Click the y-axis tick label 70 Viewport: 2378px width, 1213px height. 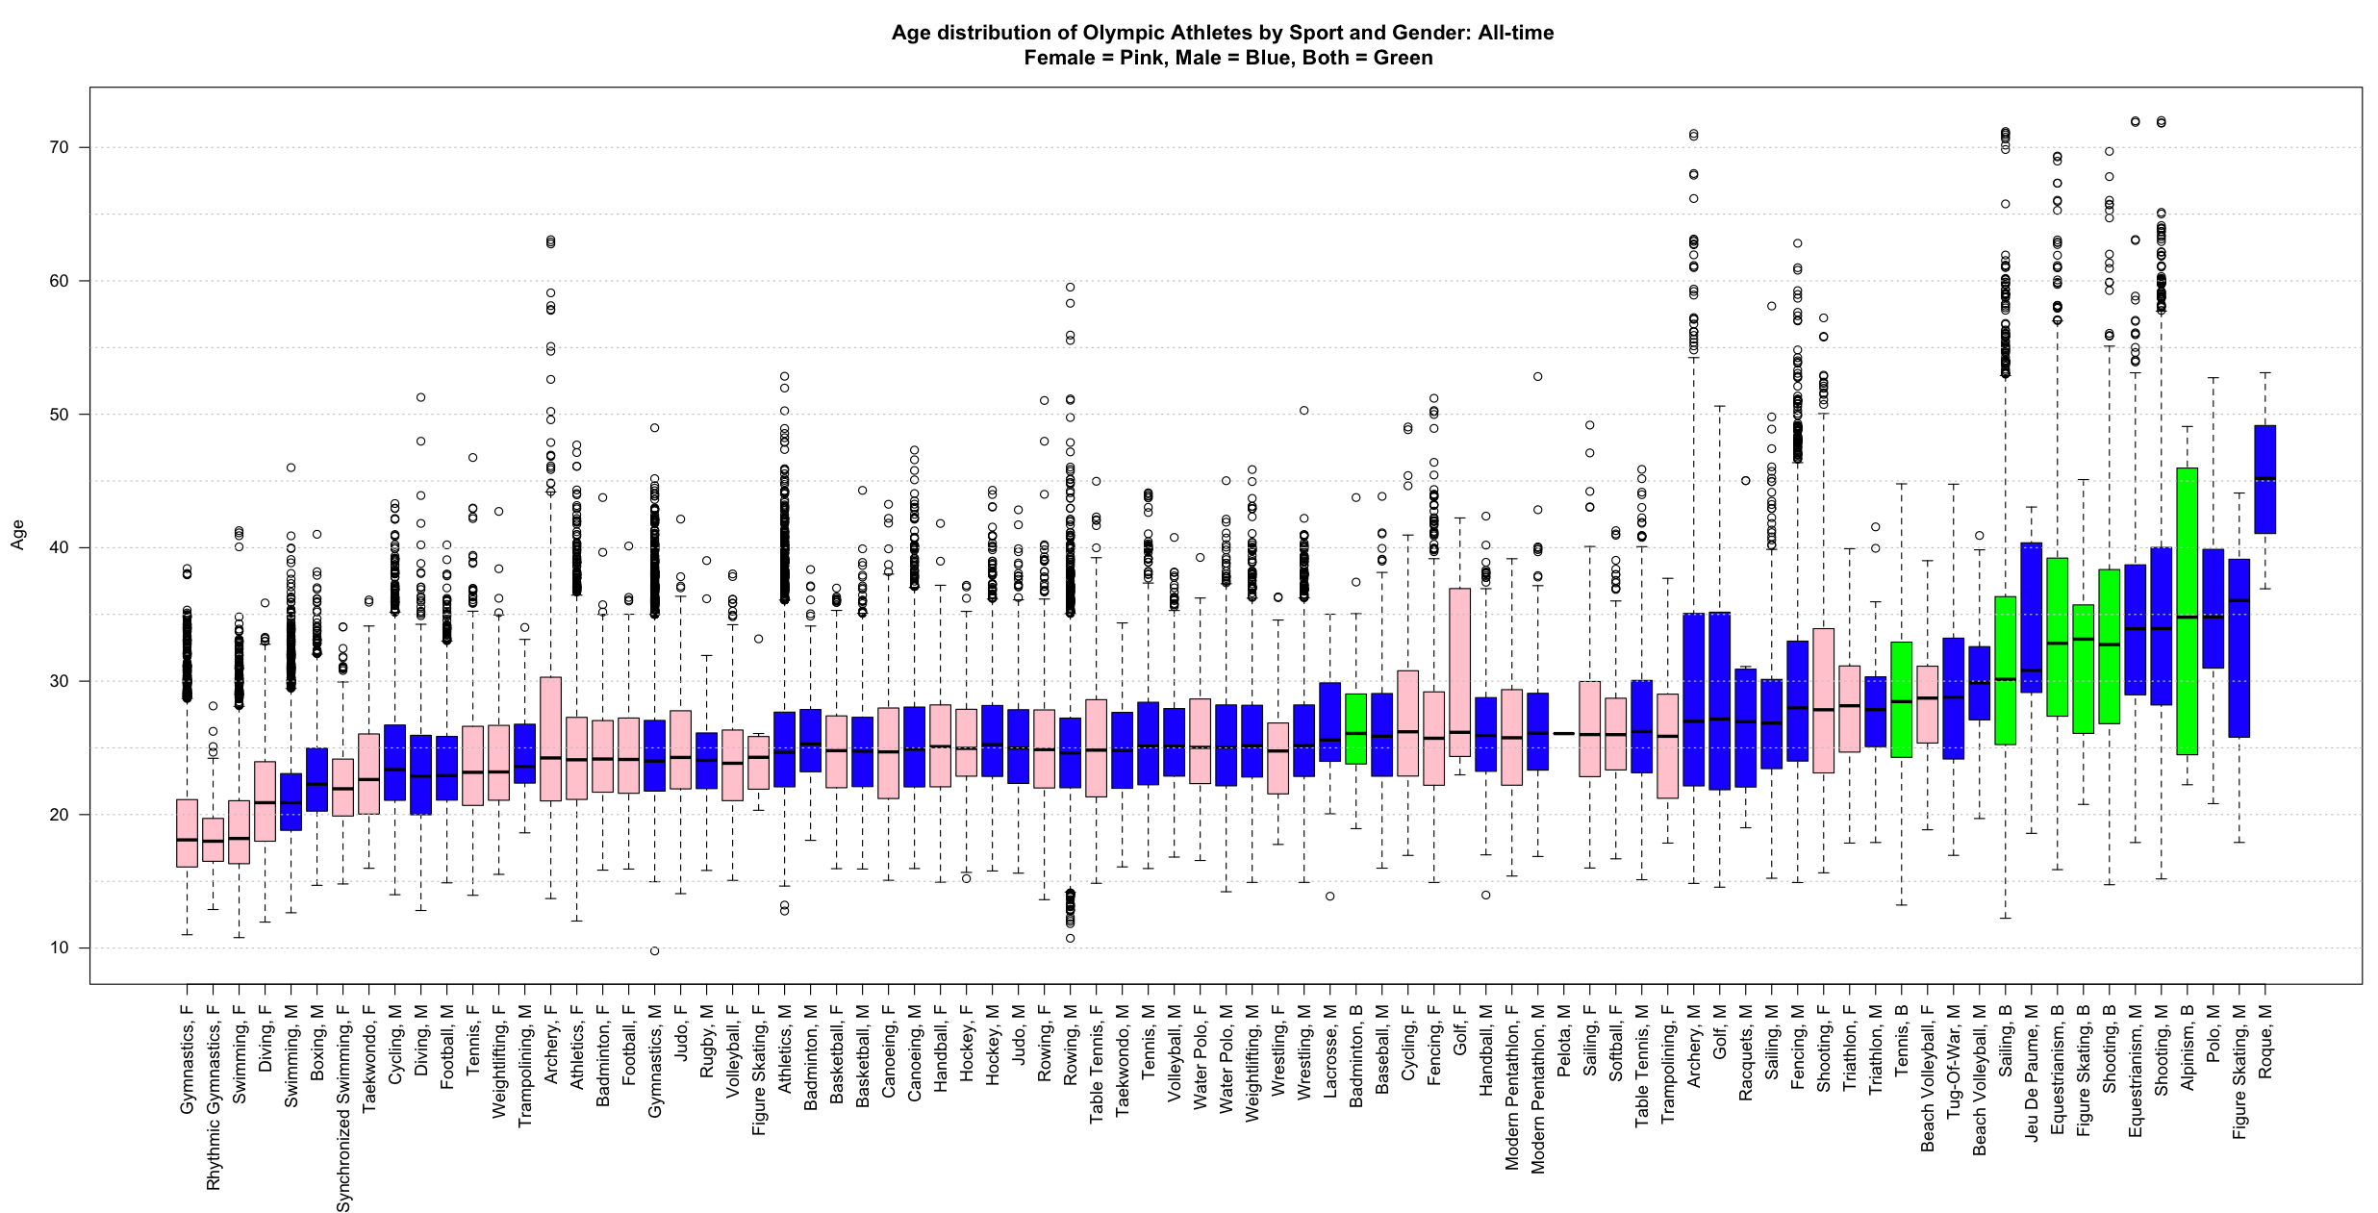[60, 147]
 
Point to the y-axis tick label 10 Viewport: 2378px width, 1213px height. [60, 948]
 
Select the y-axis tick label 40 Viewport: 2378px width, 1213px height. [60, 547]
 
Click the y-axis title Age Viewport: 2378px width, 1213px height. [17, 535]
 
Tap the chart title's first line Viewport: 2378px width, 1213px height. [1222, 33]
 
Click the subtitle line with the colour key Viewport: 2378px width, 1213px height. [1227, 58]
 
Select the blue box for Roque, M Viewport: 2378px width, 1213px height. [2264, 479]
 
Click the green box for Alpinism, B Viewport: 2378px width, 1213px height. [2187, 611]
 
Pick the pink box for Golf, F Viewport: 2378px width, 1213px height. [1459, 671]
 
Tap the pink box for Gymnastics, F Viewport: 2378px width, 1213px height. [187, 833]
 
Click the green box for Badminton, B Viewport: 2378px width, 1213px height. [1355, 728]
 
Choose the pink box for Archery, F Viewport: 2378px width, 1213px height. [550, 739]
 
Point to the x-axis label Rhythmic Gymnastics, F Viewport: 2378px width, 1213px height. [214, 1098]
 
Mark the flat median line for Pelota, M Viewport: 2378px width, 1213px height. [1563, 734]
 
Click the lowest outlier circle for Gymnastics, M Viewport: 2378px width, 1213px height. [654, 951]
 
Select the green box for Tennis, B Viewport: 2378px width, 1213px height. [1901, 699]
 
